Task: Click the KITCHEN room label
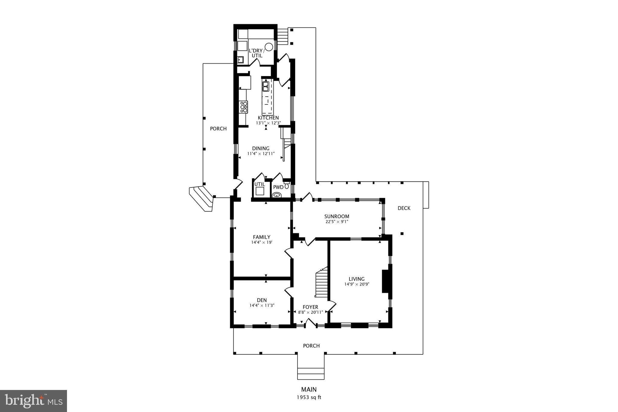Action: [268, 118]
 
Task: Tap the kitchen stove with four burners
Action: [244, 107]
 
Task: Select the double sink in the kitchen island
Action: [266, 86]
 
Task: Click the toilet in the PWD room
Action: [286, 186]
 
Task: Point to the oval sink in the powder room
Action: [277, 196]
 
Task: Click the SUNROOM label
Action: [336, 216]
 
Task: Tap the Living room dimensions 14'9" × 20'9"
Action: [357, 284]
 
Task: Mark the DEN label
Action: [262, 300]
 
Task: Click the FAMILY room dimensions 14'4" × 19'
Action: [262, 242]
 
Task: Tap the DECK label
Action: [404, 208]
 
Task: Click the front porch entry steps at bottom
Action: [311, 373]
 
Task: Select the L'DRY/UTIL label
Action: [256, 53]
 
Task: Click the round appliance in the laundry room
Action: [269, 47]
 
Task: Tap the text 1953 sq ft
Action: [309, 397]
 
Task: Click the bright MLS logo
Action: [33, 401]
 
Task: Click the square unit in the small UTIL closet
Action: [260, 191]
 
